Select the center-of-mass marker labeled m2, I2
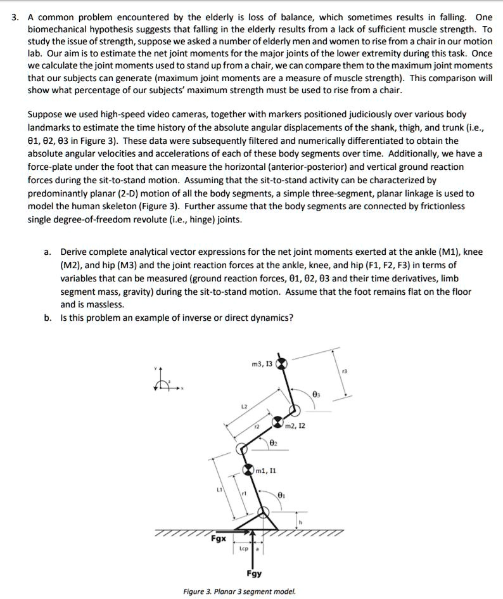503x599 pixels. [x=277, y=422]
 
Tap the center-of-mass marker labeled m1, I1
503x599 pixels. [x=249, y=470]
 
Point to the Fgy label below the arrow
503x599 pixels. [x=254, y=574]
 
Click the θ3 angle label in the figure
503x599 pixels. [x=317, y=394]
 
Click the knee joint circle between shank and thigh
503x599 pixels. [x=241, y=449]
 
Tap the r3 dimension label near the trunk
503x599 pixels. [x=344, y=371]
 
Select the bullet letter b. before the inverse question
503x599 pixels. [x=48, y=318]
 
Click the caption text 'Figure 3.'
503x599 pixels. [x=198, y=591]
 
